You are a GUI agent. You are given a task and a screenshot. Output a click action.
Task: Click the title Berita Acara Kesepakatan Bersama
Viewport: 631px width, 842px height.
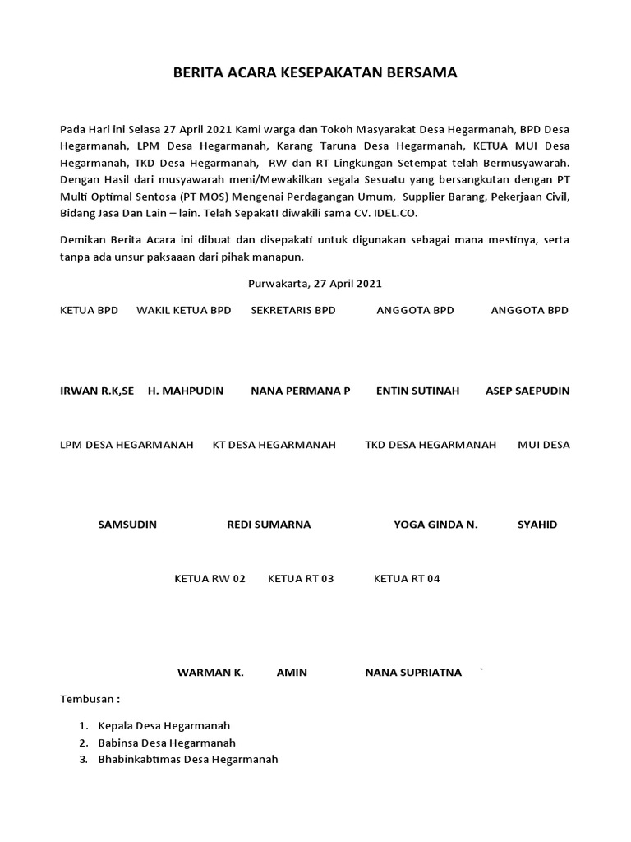click(x=315, y=73)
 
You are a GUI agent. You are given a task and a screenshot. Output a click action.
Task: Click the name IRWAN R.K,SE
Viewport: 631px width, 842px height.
click(x=97, y=391)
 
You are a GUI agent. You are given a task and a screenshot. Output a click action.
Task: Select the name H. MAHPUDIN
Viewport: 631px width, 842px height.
click(x=186, y=391)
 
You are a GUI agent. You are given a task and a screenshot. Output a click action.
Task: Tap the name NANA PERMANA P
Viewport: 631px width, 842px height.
click(x=300, y=391)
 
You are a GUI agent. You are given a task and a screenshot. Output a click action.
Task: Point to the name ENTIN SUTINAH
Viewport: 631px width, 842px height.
click(x=417, y=391)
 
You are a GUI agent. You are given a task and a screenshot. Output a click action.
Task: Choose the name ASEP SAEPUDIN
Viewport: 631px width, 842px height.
click(x=527, y=391)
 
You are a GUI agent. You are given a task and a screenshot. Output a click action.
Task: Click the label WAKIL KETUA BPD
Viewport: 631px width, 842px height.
click(x=183, y=310)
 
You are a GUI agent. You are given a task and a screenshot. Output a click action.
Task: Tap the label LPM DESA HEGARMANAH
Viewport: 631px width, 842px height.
click(x=127, y=445)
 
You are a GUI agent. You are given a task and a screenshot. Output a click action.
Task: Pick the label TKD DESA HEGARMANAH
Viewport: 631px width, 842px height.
click(x=431, y=445)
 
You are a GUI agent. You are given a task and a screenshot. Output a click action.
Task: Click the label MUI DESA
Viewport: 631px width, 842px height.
click(x=543, y=445)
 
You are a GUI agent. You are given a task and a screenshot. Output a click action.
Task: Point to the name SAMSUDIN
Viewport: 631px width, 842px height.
click(x=127, y=525)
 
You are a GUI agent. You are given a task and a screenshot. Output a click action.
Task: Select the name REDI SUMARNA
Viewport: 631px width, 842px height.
click(x=269, y=525)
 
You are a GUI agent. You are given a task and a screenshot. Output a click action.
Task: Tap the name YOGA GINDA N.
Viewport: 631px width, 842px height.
click(x=435, y=525)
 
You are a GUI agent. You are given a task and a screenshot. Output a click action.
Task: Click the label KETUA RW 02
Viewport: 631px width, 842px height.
click(x=210, y=579)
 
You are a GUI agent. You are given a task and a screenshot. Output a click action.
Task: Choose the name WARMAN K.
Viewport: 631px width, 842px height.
click(x=210, y=673)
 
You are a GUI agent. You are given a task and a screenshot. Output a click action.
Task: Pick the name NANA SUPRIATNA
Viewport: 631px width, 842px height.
click(x=413, y=673)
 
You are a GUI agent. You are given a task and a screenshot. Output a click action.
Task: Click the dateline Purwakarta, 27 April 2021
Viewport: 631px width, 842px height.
click(x=315, y=284)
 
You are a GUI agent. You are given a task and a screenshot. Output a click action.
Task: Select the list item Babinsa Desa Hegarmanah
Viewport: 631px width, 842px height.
click(x=167, y=743)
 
